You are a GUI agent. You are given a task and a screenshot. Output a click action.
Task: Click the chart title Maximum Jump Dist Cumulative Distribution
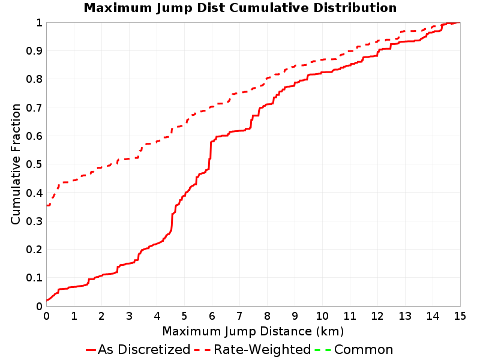240,8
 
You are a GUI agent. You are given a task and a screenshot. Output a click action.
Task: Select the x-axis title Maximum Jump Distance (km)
253,331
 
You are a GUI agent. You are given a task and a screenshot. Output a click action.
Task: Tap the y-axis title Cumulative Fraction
16,164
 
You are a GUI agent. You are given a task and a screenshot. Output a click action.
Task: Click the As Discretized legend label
144,349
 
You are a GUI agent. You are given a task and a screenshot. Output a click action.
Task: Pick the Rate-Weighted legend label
262,349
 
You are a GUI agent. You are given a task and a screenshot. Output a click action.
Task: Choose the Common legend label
364,349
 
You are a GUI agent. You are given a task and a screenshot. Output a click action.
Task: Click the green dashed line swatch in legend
323,350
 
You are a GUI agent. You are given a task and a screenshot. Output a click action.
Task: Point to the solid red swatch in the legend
91,350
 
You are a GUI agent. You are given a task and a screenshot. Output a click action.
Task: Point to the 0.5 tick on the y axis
34,164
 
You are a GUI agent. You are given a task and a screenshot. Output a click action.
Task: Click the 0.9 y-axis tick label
34,51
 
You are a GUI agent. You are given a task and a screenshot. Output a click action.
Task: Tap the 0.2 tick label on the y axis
34,250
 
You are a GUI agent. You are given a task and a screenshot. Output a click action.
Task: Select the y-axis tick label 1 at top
39,23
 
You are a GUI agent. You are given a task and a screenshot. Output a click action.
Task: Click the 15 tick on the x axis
460,316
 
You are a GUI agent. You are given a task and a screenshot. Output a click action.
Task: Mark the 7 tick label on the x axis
239,316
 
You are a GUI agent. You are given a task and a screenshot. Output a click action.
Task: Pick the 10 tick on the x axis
322,316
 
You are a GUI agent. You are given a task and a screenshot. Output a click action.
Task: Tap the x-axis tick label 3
129,316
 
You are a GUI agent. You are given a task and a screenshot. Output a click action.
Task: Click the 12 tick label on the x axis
377,316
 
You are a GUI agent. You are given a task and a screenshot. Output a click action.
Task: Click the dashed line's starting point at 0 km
47,205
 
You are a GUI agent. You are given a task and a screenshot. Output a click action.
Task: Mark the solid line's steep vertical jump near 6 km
211,155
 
